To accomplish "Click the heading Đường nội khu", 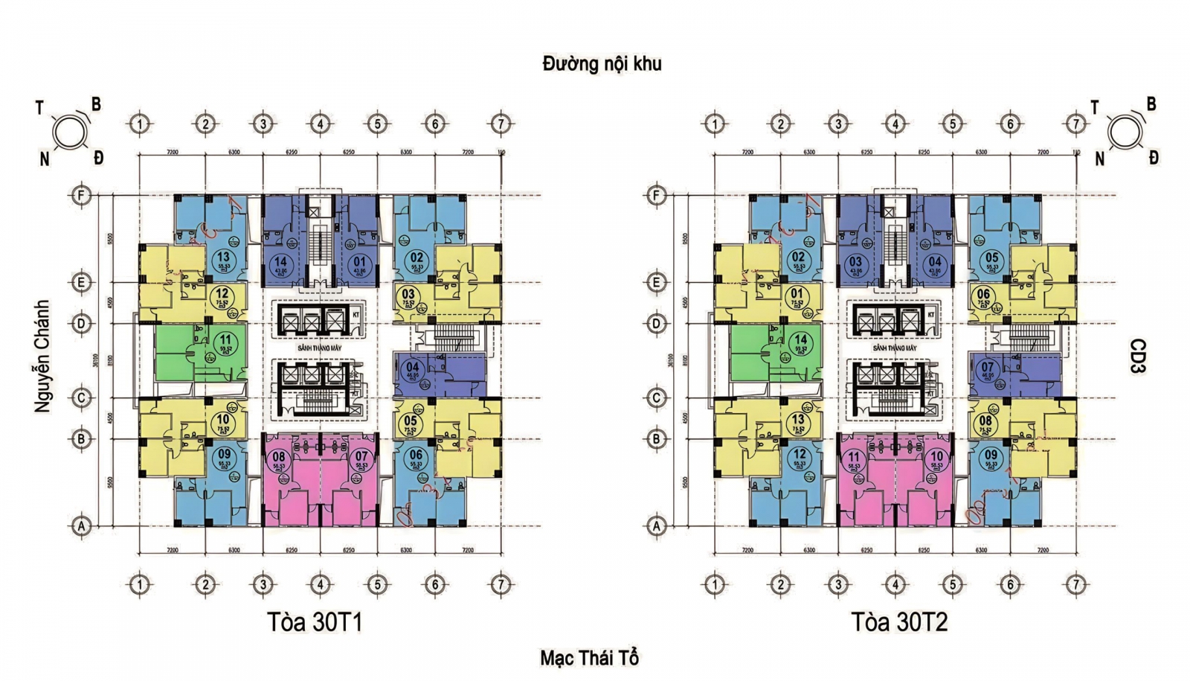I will (602, 64).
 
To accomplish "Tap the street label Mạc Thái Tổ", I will (589, 658).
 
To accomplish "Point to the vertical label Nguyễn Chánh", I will (42, 356).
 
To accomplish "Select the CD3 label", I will (1138, 356).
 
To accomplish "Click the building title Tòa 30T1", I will (315, 621).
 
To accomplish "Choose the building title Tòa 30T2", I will (899, 621).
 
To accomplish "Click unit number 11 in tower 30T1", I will (225, 341).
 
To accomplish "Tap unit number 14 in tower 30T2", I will (800, 341).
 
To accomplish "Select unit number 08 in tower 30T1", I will (279, 457).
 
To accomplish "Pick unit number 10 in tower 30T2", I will (936, 457).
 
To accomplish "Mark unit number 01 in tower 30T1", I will (360, 261).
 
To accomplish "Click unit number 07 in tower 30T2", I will (987, 367).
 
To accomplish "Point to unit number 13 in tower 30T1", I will (223, 258).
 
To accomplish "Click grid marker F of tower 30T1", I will (81, 196).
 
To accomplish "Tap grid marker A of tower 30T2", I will (656, 525).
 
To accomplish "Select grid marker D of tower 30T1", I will (81, 324).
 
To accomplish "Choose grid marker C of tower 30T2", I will (656, 397).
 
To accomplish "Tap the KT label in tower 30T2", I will (931, 315).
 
